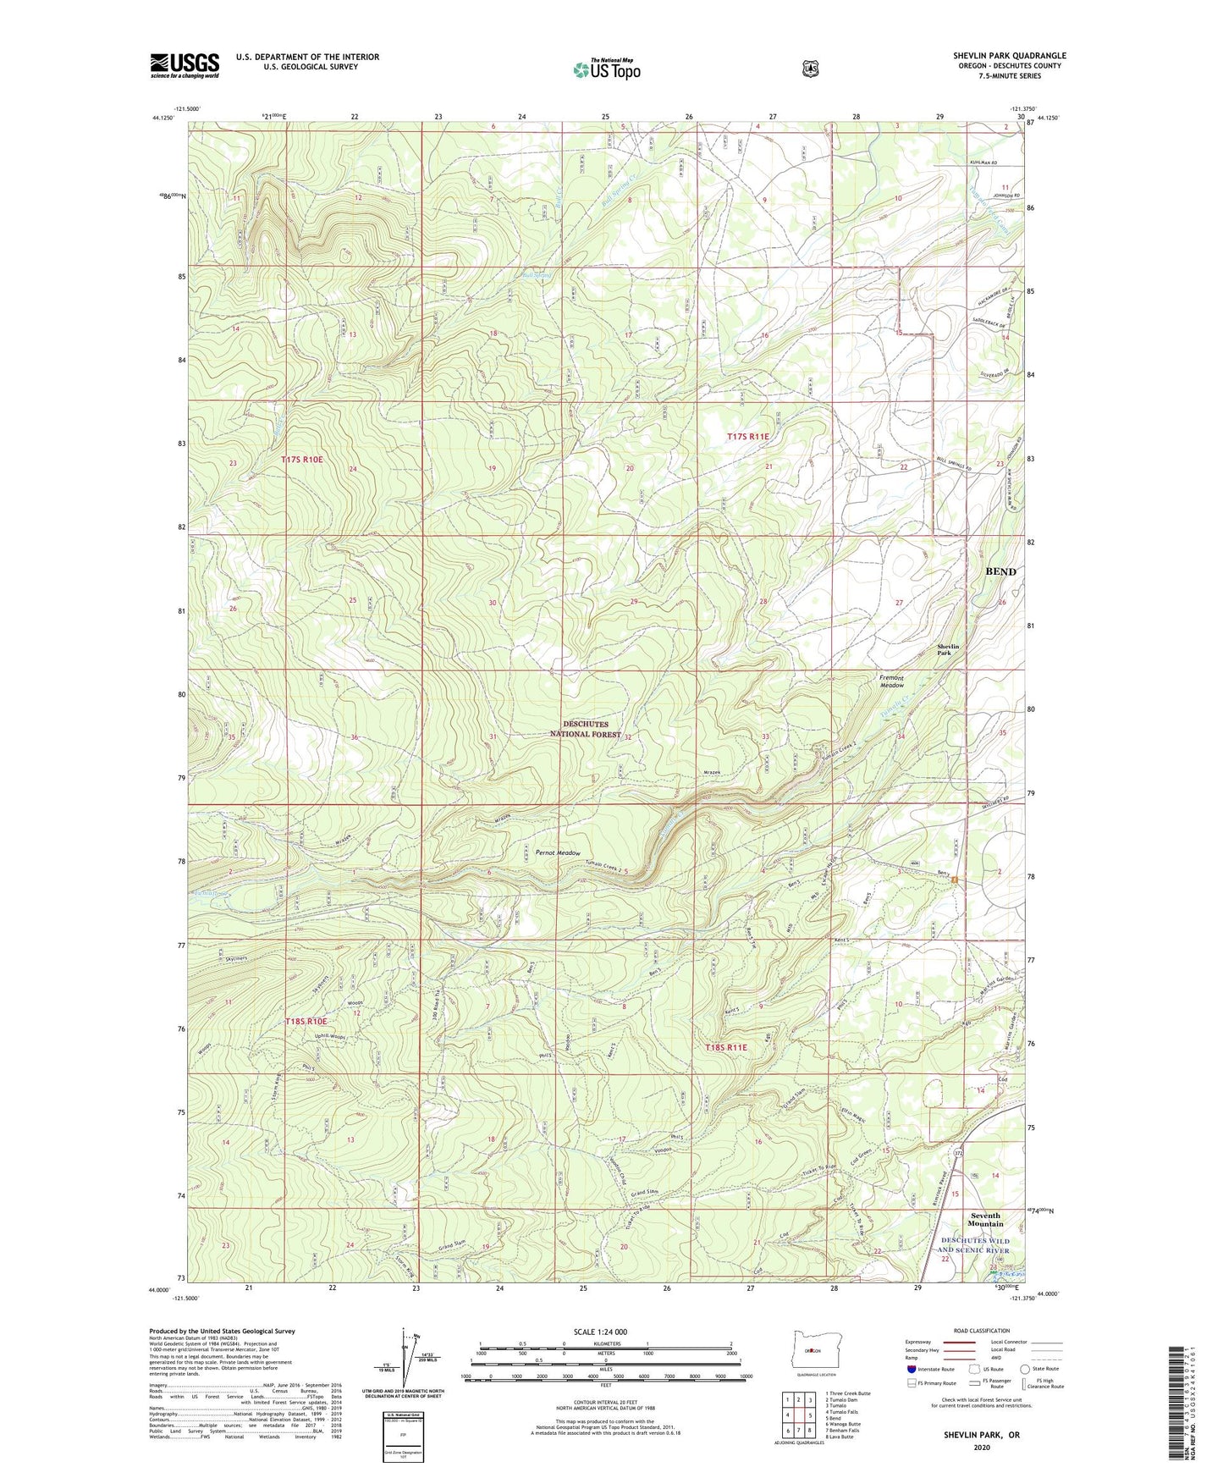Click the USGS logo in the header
pos(185,65)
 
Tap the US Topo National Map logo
pos(606,69)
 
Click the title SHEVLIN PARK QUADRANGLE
pos(1009,56)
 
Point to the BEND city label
pos(1000,571)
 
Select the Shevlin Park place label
pos(949,650)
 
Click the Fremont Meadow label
pos(891,681)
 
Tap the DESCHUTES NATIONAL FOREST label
pos(592,730)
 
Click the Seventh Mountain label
pos(985,1220)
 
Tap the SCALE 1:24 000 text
pos(600,1332)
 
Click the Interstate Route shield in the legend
pos(912,1369)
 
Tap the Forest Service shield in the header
pos(810,69)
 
